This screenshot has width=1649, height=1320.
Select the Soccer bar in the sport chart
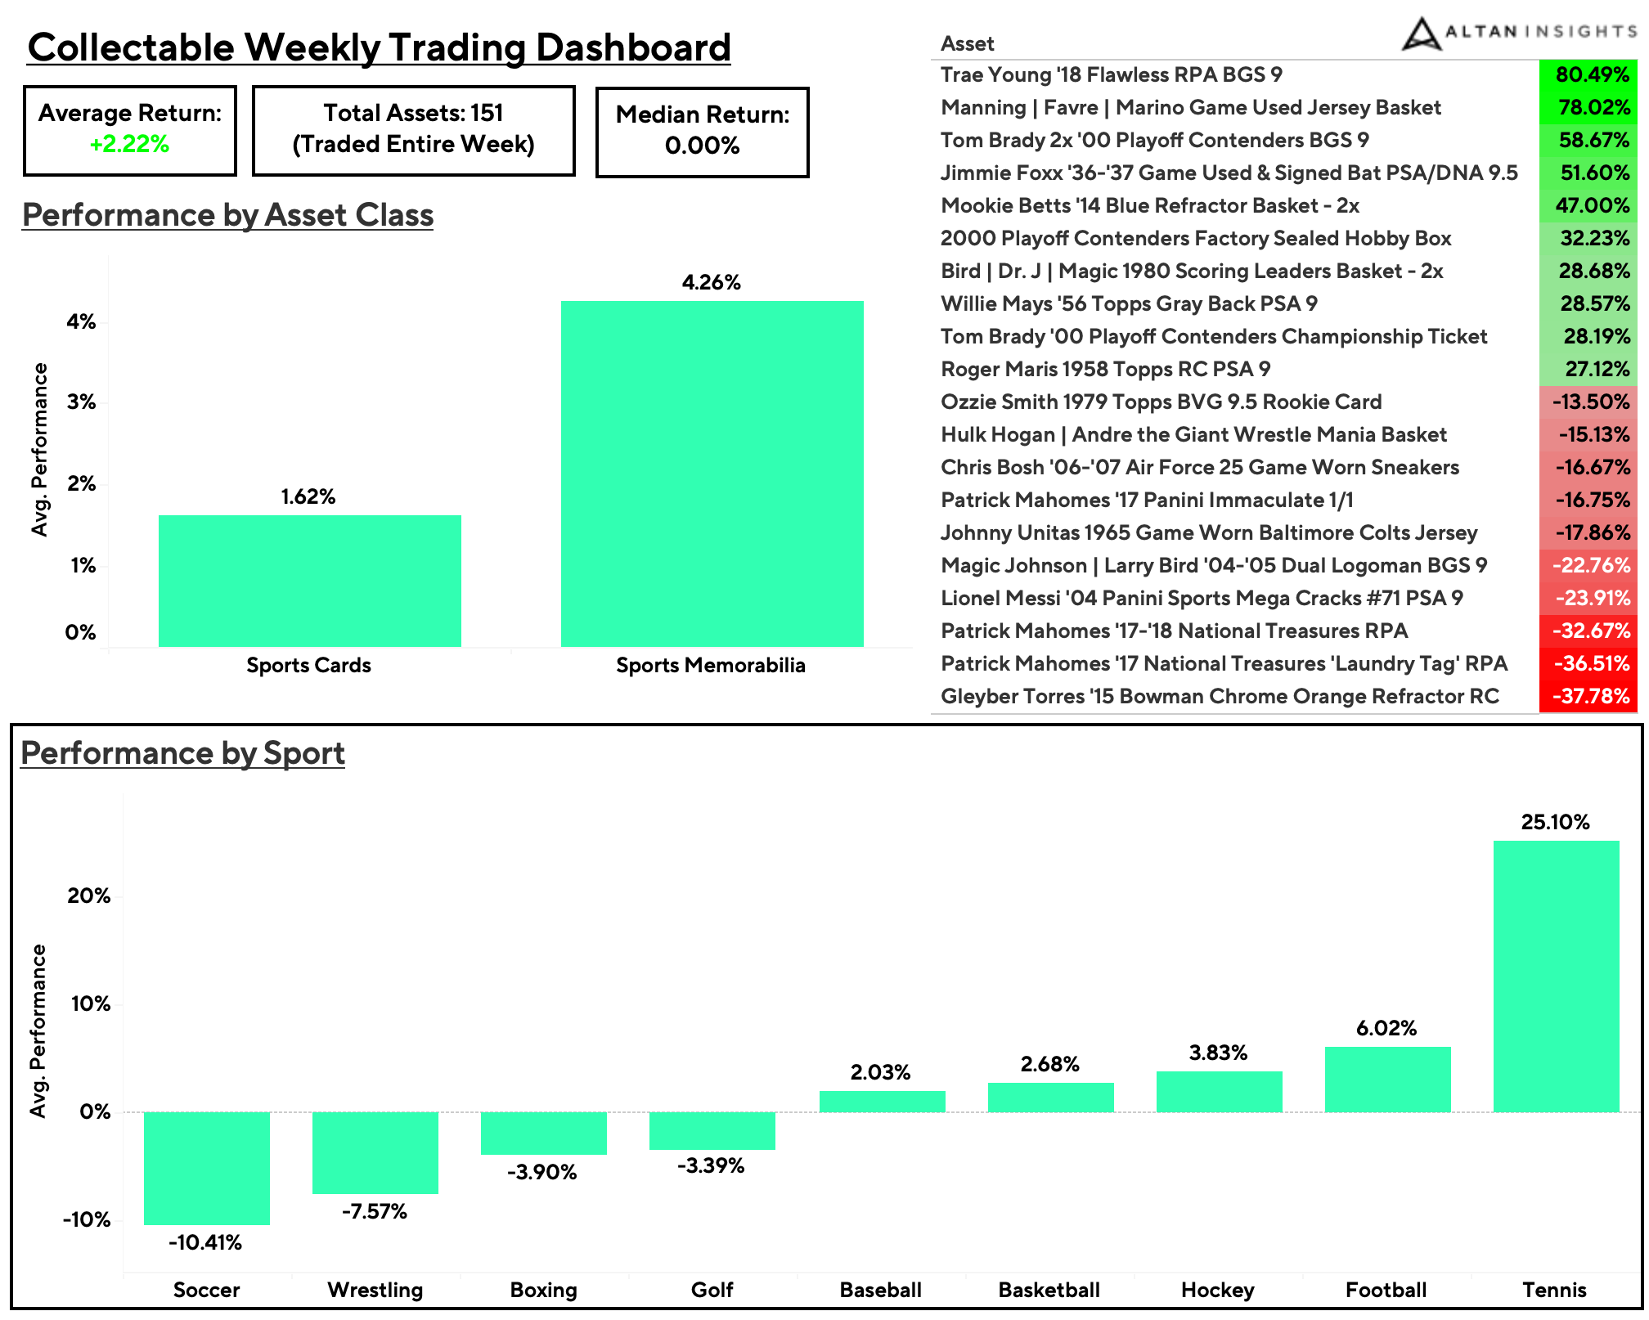(x=206, y=1168)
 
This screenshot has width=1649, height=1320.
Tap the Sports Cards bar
(x=309, y=581)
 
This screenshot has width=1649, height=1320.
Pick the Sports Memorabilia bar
(x=712, y=474)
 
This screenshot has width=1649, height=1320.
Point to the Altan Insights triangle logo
(x=1421, y=34)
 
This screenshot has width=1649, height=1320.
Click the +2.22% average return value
(x=129, y=145)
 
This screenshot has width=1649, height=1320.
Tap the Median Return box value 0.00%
(x=702, y=146)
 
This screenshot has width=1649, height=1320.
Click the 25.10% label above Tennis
(x=1555, y=822)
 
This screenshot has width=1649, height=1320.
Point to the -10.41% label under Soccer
(x=205, y=1243)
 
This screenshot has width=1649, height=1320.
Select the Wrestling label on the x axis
(x=375, y=1291)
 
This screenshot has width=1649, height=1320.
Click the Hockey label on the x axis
(x=1217, y=1291)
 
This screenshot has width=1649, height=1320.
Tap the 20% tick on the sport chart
(x=88, y=896)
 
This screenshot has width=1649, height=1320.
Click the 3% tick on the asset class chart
(x=81, y=402)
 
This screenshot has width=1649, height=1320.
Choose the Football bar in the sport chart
(x=1387, y=1079)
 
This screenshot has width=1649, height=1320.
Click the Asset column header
(x=967, y=44)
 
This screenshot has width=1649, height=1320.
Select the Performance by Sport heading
(x=182, y=753)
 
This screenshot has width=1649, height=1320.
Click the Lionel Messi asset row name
(x=1201, y=599)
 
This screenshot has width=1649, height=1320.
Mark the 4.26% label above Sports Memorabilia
(x=711, y=283)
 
